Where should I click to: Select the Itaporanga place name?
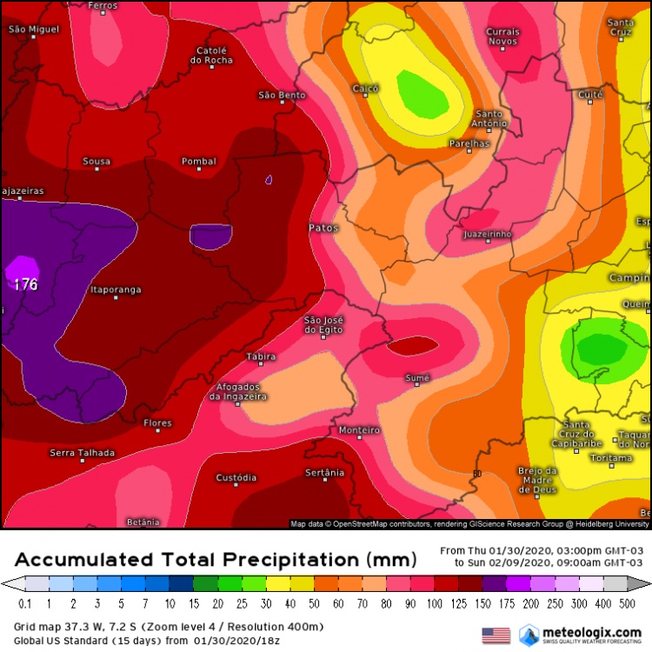(x=116, y=290)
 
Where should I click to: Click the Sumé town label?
(x=417, y=378)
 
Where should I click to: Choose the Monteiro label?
(x=359, y=430)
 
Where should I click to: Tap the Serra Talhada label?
(x=82, y=453)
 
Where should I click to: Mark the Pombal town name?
(x=198, y=162)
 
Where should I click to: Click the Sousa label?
(x=96, y=162)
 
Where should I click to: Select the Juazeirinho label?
(x=487, y=235)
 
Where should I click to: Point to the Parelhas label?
(x=469, y=143)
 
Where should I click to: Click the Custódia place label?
(x=236, y=477)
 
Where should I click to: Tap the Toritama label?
(x=609, y=457)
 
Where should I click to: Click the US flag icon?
(x=496, y=635)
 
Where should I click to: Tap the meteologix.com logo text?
(x=594, y=630)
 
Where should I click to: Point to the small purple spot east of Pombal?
(x=269, y=180)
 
